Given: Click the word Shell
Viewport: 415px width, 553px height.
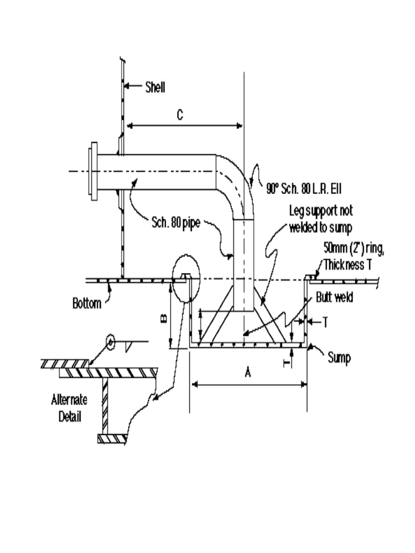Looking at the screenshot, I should tap(155, 86).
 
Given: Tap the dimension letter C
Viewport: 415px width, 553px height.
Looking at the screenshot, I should tap(180, 114).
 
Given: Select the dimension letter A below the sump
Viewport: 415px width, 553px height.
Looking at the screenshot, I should tap(247, 373).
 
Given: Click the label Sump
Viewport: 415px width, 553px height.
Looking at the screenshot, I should tap(339, 358).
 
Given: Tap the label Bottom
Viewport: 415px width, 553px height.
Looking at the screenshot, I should tap(86, 303).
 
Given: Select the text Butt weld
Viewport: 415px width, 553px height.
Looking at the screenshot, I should tap(334, 298).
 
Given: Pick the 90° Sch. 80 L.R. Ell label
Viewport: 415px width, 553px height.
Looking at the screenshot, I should tap(303, 190).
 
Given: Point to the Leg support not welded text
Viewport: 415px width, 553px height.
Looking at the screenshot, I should tap(321, 218).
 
